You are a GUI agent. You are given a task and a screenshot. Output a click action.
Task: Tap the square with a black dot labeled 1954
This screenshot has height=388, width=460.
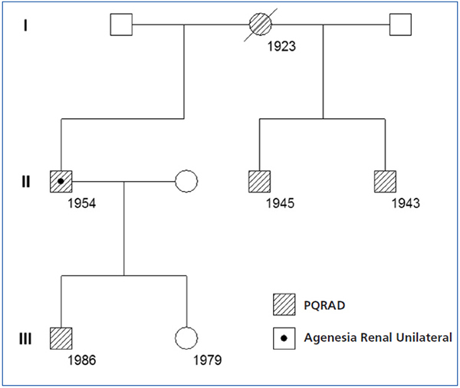point(61,182)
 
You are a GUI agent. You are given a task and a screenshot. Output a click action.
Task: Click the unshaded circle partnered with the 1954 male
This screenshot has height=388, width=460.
point(186,182)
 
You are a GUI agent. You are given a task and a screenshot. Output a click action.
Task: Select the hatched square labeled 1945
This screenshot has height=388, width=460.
point(261,182)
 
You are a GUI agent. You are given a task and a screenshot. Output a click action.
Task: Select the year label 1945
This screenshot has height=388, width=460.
point(281,203)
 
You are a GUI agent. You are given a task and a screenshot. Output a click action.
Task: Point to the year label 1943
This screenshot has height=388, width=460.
point(405,203)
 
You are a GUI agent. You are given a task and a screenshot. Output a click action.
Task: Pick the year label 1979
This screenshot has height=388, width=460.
point(207,358)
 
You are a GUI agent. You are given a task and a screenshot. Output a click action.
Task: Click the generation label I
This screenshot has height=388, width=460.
point(25,26)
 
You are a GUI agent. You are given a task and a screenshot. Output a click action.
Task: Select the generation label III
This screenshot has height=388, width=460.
point(25,337)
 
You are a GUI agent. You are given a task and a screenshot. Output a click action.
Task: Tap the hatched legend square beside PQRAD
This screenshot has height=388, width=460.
point(283,304)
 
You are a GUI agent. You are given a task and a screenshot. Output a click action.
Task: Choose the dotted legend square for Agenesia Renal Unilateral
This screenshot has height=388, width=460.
point(283,337)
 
